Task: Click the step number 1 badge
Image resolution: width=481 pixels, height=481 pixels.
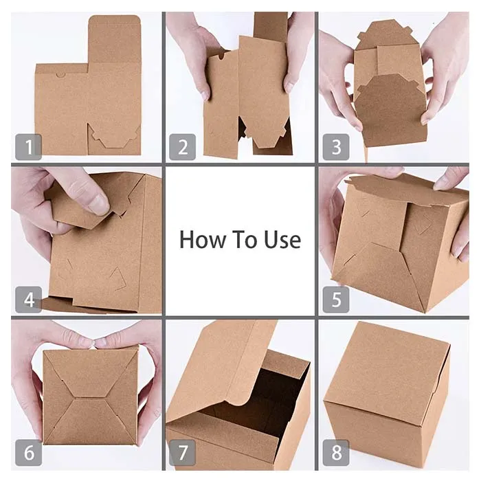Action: click(29, 146)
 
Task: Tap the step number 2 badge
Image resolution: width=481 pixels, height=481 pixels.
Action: click(183, 146)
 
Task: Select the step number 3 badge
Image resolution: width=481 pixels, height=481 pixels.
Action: click(336, 146)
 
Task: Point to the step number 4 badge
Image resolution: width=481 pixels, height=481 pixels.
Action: click(29, 300)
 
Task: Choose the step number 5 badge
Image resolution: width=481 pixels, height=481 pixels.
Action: click(336, 300)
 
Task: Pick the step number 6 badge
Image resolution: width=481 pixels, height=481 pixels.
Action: click(29, 452)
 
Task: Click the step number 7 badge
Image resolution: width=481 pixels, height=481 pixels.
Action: click(183, 452)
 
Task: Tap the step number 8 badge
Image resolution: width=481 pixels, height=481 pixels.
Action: click(336, 452)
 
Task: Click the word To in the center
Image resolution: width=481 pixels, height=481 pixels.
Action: click(245, 240)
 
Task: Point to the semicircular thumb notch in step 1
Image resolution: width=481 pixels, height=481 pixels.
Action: click(60, 75)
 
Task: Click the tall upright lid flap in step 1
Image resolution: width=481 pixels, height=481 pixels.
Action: click(114, 40)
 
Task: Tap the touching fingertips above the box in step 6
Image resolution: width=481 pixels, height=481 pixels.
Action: click(93, 342)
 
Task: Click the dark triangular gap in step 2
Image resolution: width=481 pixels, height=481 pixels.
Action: click(242, 126)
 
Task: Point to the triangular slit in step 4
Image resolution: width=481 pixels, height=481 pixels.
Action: click(118, 278)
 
